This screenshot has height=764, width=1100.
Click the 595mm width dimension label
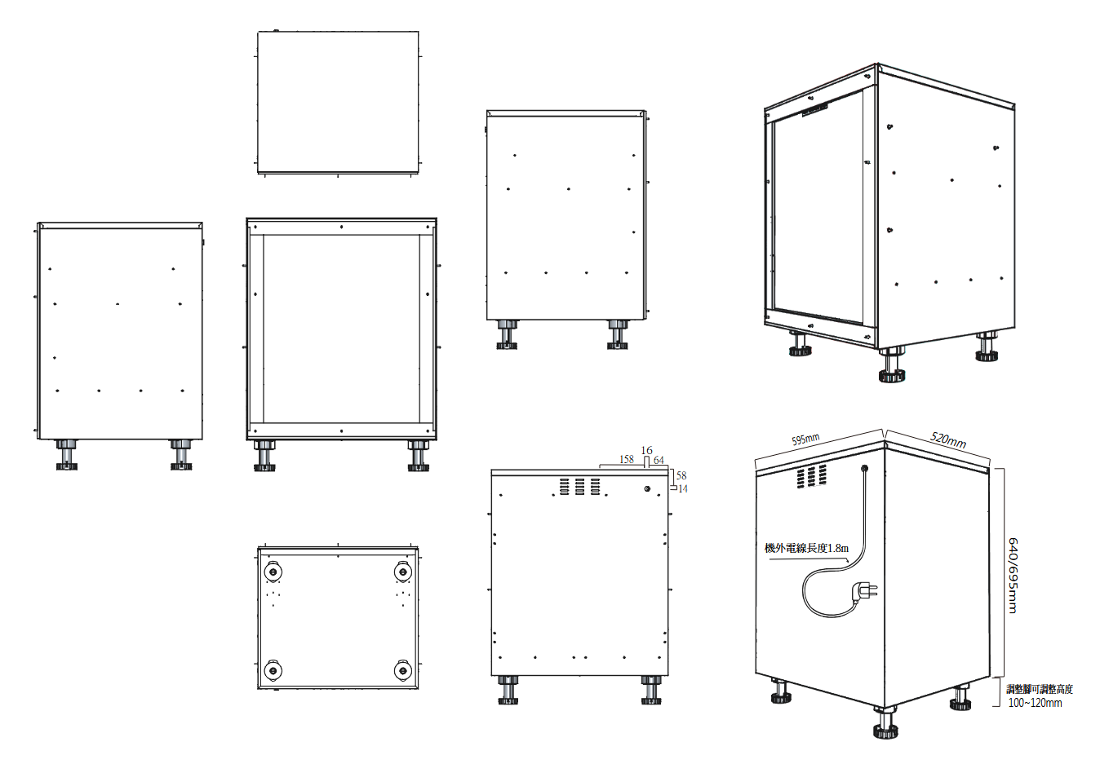(805, 439)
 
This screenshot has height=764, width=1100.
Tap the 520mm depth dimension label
(948, 439)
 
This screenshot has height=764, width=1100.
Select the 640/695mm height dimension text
(1013, 575)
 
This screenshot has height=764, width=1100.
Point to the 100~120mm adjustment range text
(1036, 703)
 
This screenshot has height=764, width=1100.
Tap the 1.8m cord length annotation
(806, 548)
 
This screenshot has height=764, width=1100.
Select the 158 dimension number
(627, 459)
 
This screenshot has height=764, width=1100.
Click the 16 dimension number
(647, 450)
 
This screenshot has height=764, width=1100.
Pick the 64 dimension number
(659, 460)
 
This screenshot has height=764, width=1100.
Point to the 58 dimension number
(681, 475)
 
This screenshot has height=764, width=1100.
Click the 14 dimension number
(682, 488)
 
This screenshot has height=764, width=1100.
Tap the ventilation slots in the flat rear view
(580, 486)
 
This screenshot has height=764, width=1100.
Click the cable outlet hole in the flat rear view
(647, 488)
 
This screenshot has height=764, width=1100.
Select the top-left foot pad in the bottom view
(273, 572)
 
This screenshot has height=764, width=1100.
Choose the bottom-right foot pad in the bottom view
(403, 670)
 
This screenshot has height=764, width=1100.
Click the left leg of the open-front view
(264, 455)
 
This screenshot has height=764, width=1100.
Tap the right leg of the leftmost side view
(181, 455)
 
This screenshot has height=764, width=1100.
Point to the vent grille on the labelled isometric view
(811, 475)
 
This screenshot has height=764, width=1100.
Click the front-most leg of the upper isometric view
(891, 364)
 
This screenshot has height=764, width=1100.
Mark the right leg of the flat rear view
(651, 690)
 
